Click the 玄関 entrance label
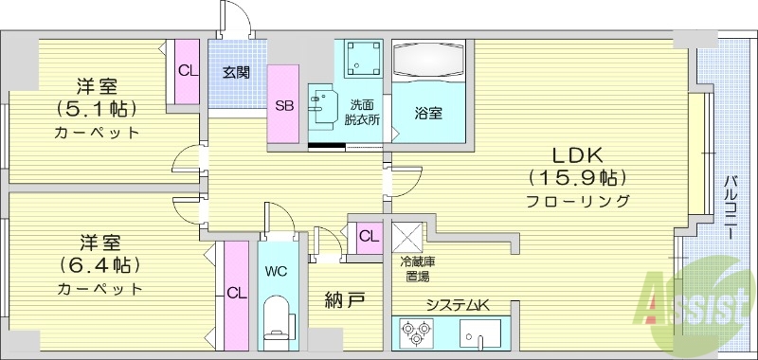point(237,71)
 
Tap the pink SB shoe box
point(284,105)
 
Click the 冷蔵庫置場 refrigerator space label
point(417,268)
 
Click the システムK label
point(453,303)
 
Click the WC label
point(277,271)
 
